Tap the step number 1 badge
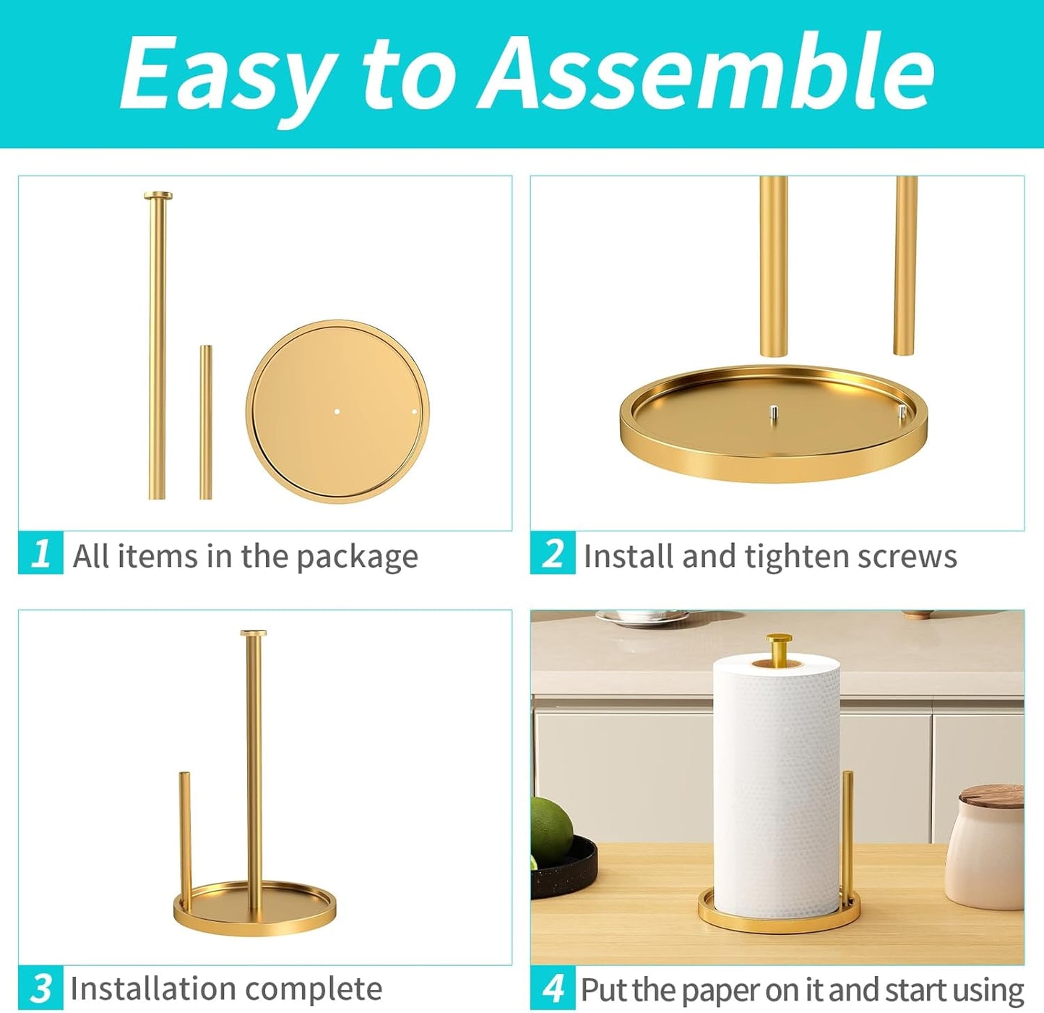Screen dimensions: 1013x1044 click(40, 553)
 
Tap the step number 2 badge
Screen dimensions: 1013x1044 click(553, 553)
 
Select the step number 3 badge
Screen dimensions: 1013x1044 click(40, 987)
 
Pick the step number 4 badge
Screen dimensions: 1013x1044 click(553, 987)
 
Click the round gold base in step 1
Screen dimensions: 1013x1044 click(337, 411)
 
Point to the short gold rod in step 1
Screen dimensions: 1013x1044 click(206, 422)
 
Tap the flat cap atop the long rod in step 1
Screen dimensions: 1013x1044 click(158, 195)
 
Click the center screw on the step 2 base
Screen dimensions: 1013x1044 click(772, 413)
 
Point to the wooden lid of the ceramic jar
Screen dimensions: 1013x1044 click(992, 797)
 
